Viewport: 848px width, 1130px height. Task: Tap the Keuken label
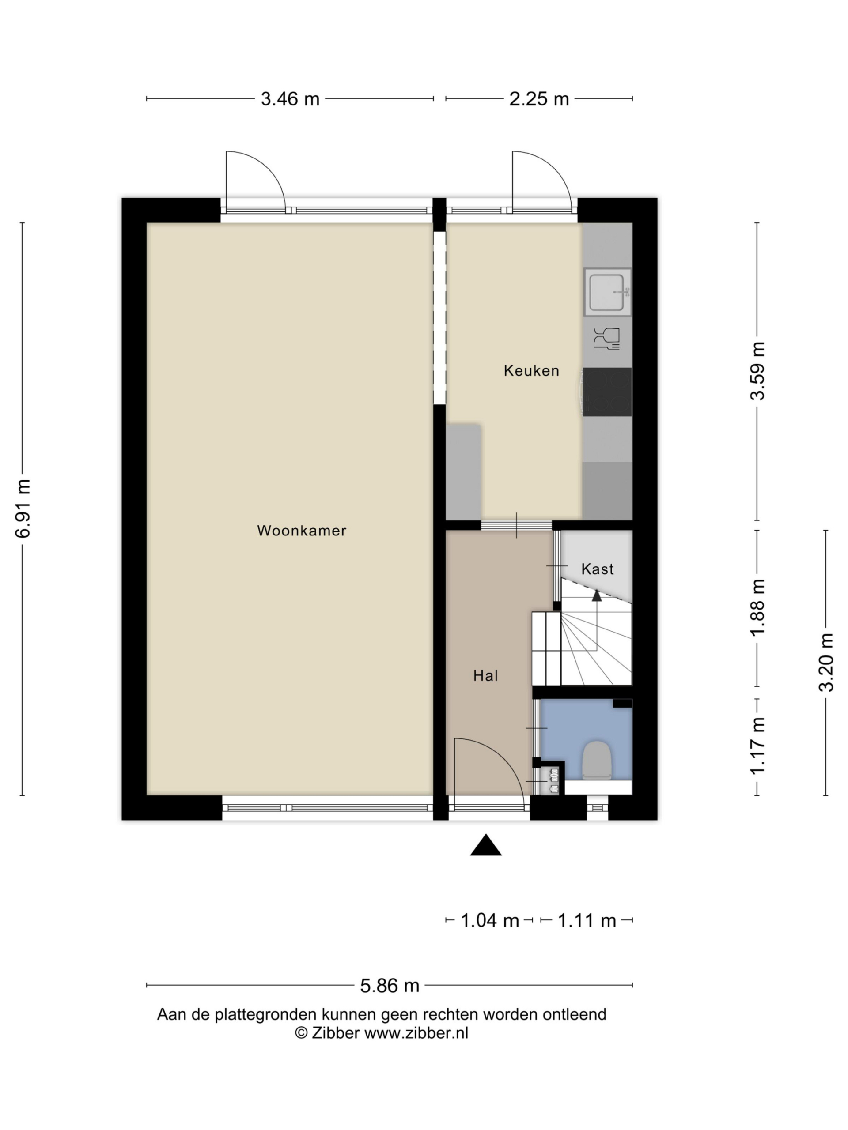pyautogui.click(x=532, y=370)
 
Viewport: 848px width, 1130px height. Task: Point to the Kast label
pyautogui.click(x=598, y=569)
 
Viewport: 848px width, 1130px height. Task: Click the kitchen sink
pyautogui.click(x=607, y=292)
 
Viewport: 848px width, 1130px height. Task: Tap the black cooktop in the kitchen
pyautogui.click(x=607, y=392)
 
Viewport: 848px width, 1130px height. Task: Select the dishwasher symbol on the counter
pyautogui.click(x=607, y=339)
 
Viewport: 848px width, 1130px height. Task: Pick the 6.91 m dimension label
pyautogui.click(x=23, y=509)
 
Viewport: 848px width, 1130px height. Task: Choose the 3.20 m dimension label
pyautogui.click(x=826, y=662)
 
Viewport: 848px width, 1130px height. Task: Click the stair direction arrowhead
pyautogui.click(x=597, y=595)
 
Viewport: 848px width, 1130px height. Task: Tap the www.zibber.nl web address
pyautogui.click(x=416, y=1033)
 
